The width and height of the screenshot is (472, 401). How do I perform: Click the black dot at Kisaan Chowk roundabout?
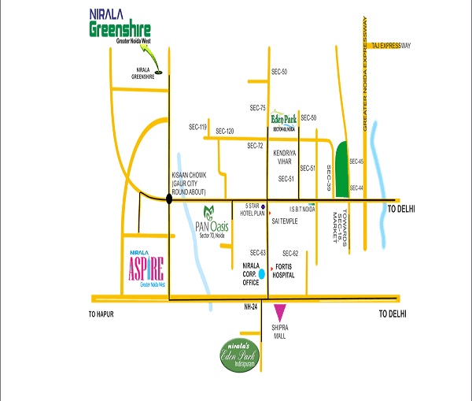click(x=169, y=200)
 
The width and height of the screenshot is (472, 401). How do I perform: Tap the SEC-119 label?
click(x=197, y=127)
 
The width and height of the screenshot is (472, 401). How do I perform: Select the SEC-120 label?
click(x=225, y=131)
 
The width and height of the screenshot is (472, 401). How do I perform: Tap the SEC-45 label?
click(x=356, y=162)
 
